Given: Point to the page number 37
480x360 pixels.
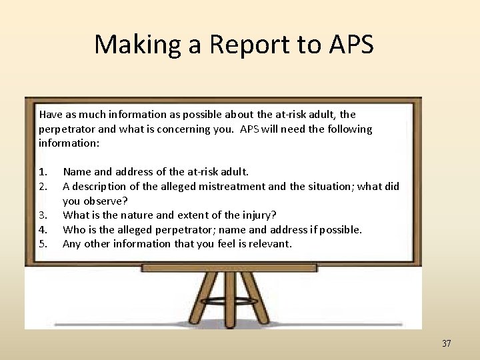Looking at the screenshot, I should (x=446, y=344).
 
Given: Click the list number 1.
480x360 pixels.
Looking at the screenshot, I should (x=43, y=172).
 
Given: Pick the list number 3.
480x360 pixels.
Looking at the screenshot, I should (x=43, y=215).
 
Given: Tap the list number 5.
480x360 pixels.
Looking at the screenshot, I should (x=43, y=244).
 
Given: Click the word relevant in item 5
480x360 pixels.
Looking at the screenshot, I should (x=269, y=244).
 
